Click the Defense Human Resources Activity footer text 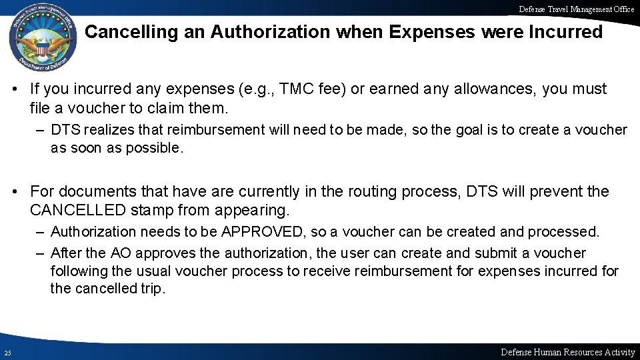pos(567,352)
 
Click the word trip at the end pos(150,290)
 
